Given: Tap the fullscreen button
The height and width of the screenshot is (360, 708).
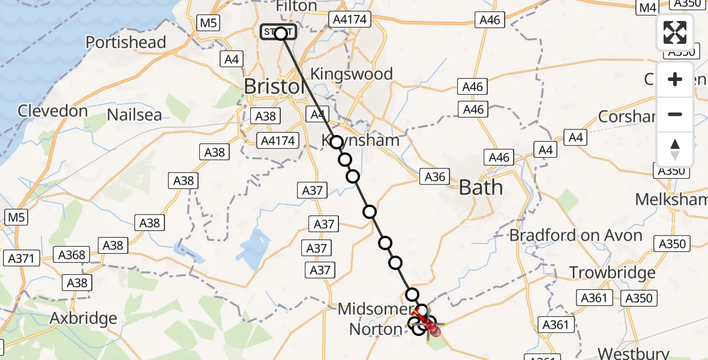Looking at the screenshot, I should pos(675,32).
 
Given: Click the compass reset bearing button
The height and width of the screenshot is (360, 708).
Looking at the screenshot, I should pos(675,149).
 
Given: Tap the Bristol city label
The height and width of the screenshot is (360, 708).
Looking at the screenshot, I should pos(274,86).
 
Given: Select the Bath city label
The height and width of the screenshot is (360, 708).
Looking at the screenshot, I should pos(480,188).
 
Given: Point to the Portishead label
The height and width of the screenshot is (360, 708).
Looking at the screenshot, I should pos(125,43).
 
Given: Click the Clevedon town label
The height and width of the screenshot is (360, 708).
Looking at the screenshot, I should pos(53,111).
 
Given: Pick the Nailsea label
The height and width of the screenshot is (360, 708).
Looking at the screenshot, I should pos(134,115).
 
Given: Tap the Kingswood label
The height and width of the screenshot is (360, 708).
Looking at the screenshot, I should pos(351,74).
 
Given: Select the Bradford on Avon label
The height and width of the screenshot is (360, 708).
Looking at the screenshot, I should pos(575,235).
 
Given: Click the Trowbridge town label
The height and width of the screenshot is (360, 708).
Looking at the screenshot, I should pos(612,273).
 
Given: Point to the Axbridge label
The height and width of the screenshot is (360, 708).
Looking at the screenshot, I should pos(83,317).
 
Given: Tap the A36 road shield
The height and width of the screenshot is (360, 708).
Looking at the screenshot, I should pos(435,176).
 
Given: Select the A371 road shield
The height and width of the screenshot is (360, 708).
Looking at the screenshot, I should pos(22,259).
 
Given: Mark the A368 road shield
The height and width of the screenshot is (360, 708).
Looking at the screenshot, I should pos(71,254).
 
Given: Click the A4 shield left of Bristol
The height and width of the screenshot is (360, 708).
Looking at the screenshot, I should pos(232,59).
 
